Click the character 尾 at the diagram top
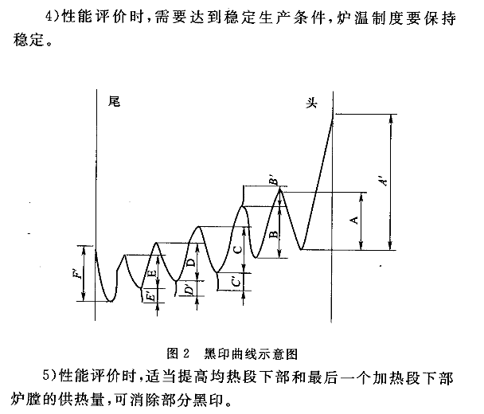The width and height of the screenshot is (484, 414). [114, 101]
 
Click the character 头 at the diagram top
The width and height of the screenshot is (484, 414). [311, 103]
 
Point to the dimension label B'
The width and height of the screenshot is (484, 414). [274, 181]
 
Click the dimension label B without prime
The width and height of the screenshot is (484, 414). [274, 235]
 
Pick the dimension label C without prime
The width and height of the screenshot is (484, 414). [238, 249]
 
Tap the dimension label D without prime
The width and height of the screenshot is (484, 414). [191, 263]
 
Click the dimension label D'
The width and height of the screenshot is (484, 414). [189, 289]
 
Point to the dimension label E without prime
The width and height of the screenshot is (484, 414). [152, 273]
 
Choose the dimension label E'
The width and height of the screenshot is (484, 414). [150, 297]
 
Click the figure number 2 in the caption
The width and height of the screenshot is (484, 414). [185, 353]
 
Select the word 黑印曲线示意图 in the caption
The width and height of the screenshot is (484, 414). [251, 353]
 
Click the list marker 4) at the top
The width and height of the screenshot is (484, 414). [52, 16]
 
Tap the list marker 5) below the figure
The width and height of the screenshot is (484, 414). [49, 376]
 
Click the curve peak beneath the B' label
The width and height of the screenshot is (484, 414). [280, 189]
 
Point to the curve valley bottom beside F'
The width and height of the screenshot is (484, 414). [110, 300]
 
